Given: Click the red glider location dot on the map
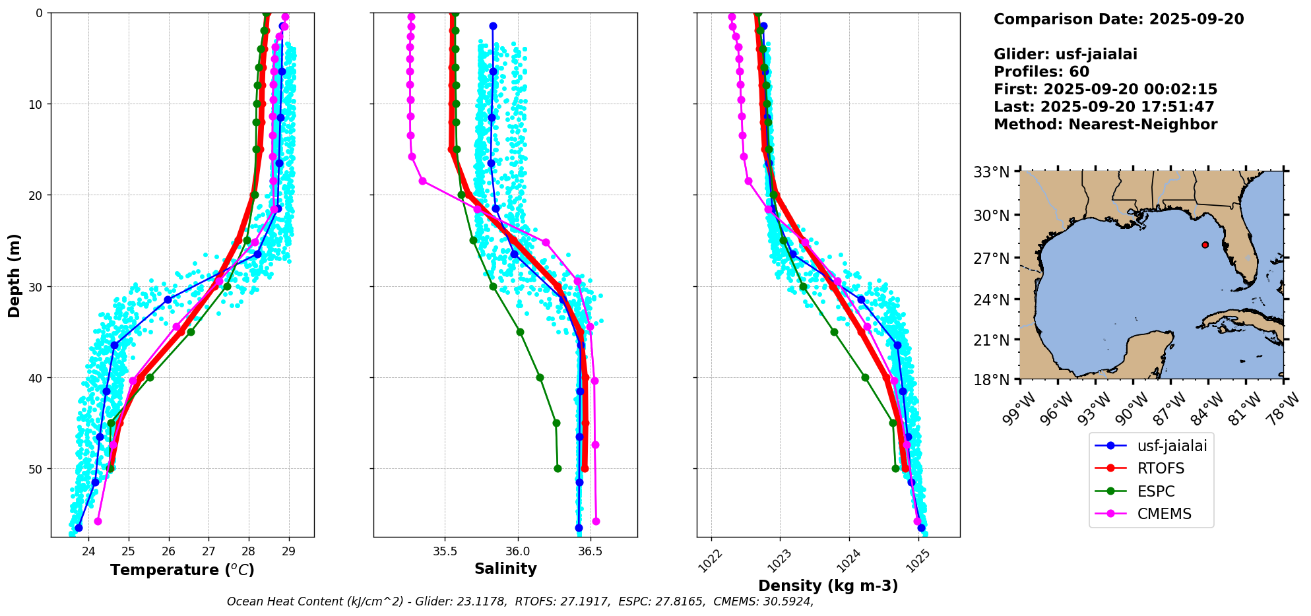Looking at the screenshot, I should coord(1205,245).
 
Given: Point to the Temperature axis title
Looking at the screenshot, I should coord(182,570).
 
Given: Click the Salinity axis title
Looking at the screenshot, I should coord(505,569).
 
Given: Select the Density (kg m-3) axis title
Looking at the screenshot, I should coord(828,586).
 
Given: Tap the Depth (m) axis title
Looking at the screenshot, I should coord(15,275).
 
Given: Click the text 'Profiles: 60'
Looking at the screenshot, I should coord(1041,72).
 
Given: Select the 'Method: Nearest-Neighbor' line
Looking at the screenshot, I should coord(1105,125).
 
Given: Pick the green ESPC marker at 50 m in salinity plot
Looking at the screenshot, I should coord(558,468).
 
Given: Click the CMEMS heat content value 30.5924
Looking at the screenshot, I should coord(782,601).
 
